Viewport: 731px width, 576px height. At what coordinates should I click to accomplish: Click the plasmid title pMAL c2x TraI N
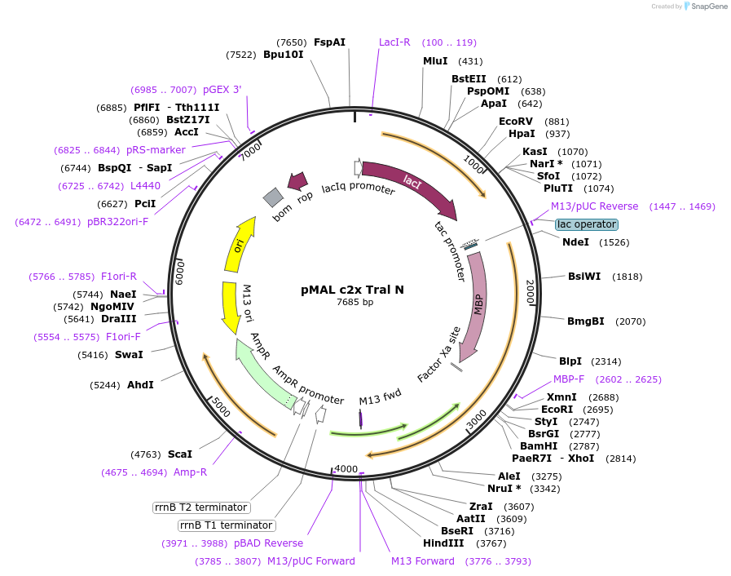(352, 290)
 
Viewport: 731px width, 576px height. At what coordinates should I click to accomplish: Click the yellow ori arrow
(239, 245)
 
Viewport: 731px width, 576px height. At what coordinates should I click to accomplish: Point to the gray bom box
(273, 197)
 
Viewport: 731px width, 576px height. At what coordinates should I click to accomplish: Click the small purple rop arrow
(297, 181)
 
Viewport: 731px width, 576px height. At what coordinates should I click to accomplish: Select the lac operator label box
(587, 224)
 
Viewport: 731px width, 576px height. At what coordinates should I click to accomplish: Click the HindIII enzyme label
(443, 543)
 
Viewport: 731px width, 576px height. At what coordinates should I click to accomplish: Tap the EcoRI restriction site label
(557, 410)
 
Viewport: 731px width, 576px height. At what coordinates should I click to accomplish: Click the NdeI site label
(575, 242)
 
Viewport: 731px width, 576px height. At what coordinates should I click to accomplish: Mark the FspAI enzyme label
(329, 42)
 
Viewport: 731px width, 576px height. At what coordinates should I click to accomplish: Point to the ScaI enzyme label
(179, 454)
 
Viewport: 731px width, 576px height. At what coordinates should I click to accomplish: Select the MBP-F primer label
(569, 379)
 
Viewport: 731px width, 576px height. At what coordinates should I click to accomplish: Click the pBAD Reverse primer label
(268, 543)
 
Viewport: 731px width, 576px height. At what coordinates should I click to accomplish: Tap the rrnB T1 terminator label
(227, 525)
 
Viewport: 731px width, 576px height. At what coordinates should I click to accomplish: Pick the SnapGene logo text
(706, 7)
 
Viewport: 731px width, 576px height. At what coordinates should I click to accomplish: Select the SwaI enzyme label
(129, 355)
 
